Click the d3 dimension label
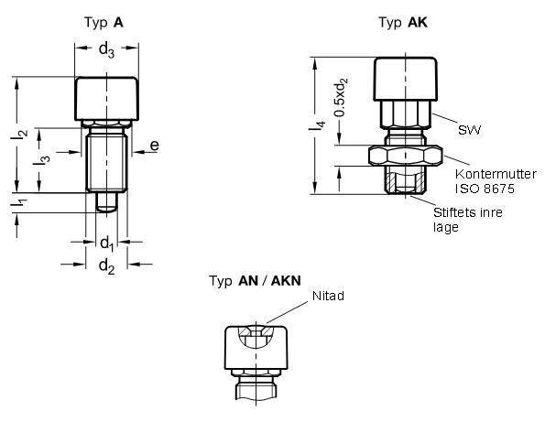106,50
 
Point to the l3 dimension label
41,160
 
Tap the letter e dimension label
155,146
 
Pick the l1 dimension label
18,202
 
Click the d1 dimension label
106,243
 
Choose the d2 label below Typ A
106,266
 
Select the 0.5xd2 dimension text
340,97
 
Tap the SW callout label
469,130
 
